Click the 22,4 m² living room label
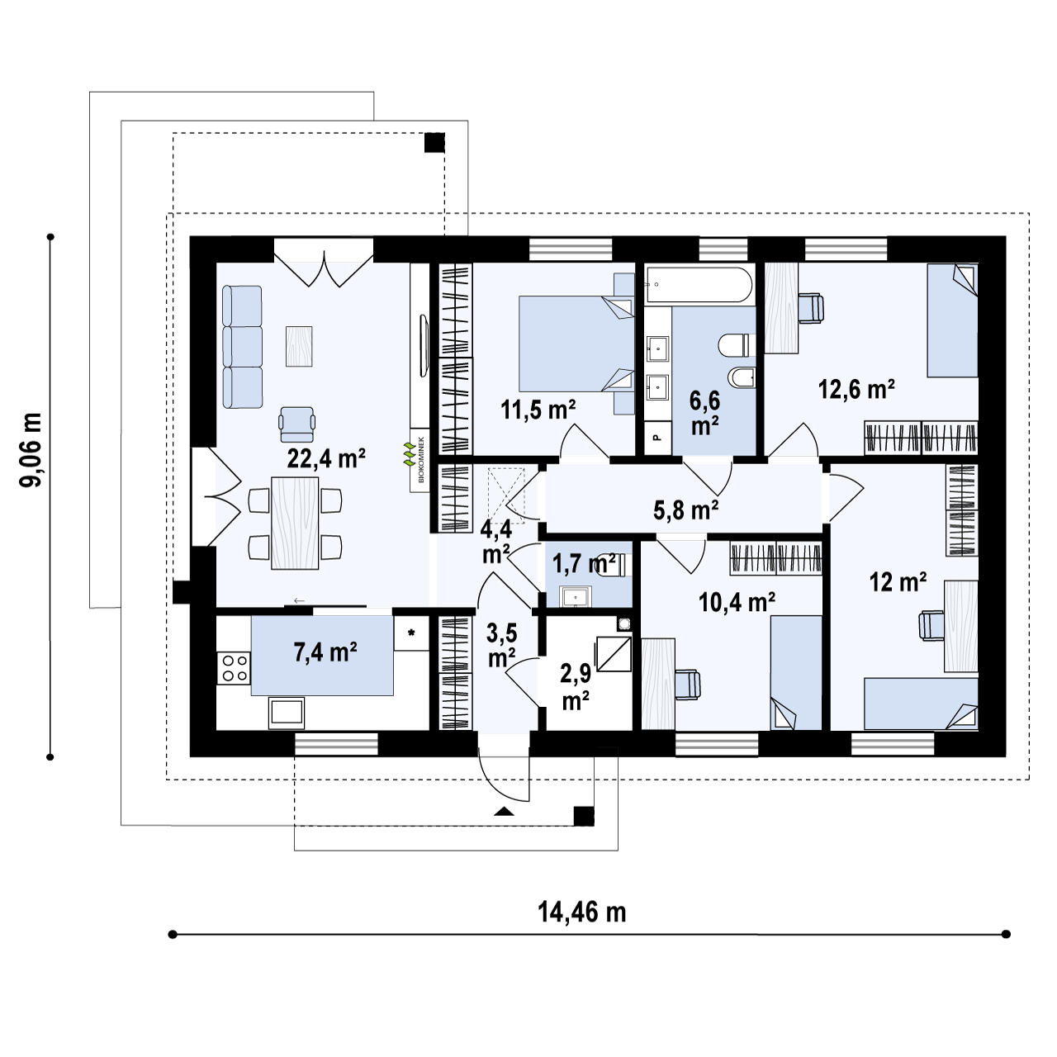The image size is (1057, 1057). coord(326,458)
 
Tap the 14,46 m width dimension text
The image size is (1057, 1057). coord(582,912)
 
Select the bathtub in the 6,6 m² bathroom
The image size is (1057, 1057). coord(699,285)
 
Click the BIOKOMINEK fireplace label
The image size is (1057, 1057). coord(419,462)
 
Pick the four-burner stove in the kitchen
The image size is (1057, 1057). coord(233,667)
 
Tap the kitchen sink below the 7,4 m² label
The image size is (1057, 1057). coord(287,713)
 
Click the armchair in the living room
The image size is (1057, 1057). coord(297,420)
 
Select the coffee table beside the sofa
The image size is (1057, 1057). coord(300,346)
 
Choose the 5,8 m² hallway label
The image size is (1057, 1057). coord(685,510)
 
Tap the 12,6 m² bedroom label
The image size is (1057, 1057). coord(856,389)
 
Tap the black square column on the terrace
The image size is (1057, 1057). coord(434,143)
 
